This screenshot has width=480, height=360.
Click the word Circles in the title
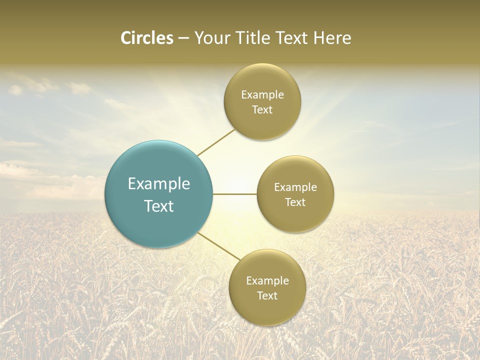tap(146, 38)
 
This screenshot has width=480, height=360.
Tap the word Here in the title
tap(332, 38)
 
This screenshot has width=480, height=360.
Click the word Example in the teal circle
tap(159, 184)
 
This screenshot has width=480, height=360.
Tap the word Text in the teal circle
tap(159, 206)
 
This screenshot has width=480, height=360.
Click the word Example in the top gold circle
tap(262, 95)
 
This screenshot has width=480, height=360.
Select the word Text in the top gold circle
tap(262, 110)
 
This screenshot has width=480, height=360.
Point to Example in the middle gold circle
tap(295, 187)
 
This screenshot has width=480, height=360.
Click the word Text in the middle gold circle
tap(295, 202)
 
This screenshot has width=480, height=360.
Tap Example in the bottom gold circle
tap(267, 281)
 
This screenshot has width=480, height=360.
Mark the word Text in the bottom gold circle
tap(267, 296)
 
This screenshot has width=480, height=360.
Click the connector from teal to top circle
tap(216, 142)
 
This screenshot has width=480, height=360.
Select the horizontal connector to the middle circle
tap(235, 194)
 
